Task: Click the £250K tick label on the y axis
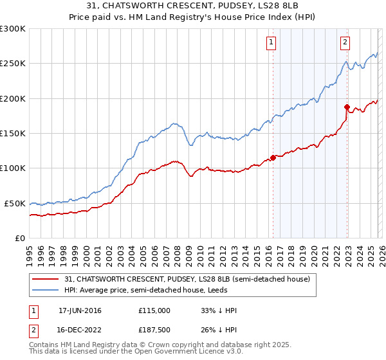(13, 64)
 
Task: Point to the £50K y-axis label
(15, 203)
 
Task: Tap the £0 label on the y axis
(21, 238)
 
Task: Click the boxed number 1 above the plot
(271, 43)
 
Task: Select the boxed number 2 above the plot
(345, 43)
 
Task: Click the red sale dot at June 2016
(273, 157)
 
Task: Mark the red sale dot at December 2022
(347, 107)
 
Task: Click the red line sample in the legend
(46, 279)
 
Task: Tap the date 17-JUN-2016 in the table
(80, 310)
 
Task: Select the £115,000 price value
(154, 310)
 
